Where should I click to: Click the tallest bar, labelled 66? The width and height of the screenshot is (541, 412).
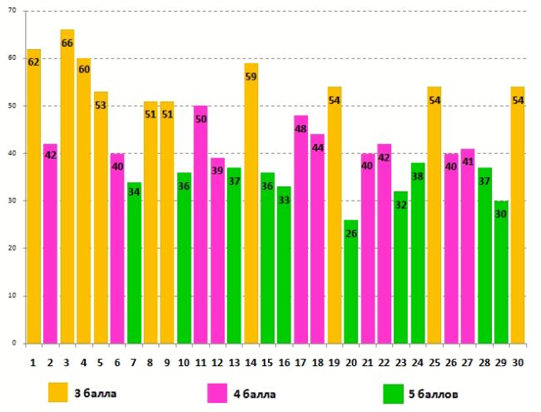[x=67, y=191]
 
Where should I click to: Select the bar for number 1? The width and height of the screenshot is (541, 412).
[x=34, y=200]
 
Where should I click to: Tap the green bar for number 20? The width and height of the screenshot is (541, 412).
[x=350, y=283]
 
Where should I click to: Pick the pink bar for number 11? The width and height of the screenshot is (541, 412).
[x=201, y=225]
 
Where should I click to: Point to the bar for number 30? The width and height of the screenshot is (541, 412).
[x=518, y=216]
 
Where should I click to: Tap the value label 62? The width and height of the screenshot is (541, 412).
[x=34, y=62]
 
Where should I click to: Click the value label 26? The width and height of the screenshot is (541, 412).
[x=350, y=234]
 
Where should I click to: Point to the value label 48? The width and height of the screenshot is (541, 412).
[x=300, y=129]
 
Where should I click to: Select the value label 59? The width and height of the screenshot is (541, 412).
[x=251, y=77]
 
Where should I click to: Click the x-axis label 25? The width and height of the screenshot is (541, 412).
[x=434, y=363]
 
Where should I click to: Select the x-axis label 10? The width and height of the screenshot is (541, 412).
[x=184, y=363]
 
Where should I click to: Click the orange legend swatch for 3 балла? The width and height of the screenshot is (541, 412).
[x=58, y=391]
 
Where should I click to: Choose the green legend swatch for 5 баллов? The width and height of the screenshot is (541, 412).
[x=395, y=391]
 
